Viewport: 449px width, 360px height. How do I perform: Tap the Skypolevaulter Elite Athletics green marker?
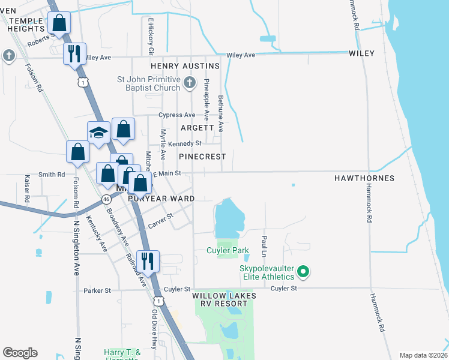pos(303,272)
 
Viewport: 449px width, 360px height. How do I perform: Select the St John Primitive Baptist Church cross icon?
pos(189,83)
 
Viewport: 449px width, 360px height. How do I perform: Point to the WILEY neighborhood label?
pos(361,53)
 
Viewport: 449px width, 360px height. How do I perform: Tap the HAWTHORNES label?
pos(364,178)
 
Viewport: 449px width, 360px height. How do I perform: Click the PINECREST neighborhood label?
pos(202,156)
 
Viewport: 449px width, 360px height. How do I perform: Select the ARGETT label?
pos(197,128)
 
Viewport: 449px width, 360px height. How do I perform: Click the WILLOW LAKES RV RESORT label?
pos(224,300)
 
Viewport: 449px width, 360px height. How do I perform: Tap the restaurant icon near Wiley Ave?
pos(74,52)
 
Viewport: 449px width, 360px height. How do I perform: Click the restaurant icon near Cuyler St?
pos(147,260)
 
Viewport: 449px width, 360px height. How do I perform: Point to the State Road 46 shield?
pos(106,198)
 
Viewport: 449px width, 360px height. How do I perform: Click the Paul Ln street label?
pos(264,243)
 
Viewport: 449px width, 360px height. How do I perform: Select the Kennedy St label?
pos(184,143)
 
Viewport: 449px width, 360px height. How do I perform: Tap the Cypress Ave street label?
pos(176,115)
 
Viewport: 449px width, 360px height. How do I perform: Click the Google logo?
pos(20,353)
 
